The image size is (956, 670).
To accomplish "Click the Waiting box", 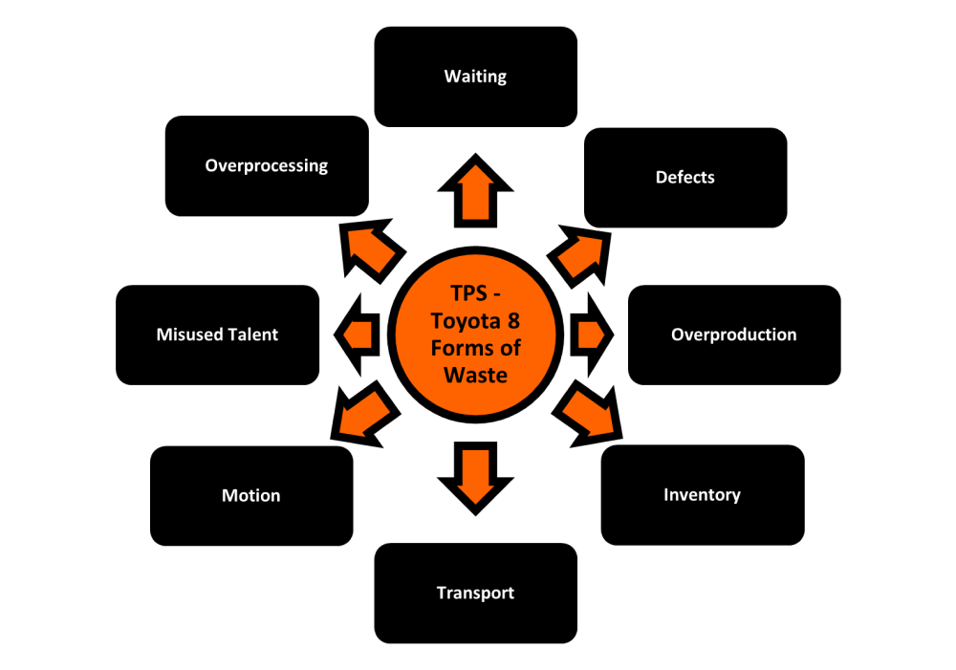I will tap(475, 76).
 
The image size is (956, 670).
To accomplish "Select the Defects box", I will tap(684, 178).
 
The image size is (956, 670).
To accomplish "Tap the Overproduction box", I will tap(733, 335).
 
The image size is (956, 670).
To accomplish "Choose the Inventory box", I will tap(702, 495).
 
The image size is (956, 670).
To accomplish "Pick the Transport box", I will tap(475, 594).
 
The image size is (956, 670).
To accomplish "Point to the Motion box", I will tap(251, 496).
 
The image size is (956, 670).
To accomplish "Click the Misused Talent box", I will tap(217, 335).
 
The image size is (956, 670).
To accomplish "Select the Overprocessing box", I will tap(266, 166).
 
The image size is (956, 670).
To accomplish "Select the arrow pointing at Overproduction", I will tap(589, 335).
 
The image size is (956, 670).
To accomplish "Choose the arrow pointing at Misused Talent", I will tap(356, 335).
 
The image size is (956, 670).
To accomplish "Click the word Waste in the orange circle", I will tap(475, 374).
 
